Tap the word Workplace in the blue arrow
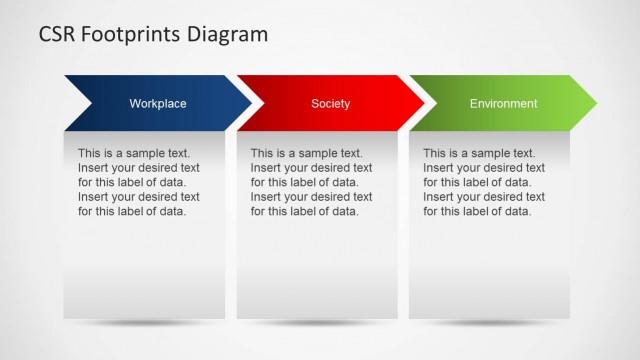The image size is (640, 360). (x=158, y=103)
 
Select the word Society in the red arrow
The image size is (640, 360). (x=330, y=103)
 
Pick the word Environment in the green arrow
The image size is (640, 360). (x=503, y=103)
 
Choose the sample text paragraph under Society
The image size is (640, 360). (x=311, y=182)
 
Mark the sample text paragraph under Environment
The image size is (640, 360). (x=484, y=182)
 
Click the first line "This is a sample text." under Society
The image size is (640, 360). (x=306, y=153)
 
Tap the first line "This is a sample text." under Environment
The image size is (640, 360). (x=479, y=153)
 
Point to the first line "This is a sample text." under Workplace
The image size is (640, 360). (x=133, y=153)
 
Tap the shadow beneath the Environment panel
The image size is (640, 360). (x=491, y=324)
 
